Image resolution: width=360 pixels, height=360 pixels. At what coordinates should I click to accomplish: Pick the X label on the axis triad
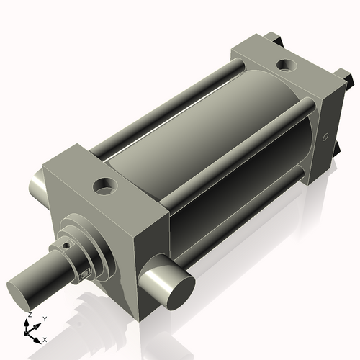(45, 338)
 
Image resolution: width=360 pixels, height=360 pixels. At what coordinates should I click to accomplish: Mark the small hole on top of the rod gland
(66, 244)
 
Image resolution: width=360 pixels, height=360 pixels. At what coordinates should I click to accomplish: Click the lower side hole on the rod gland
(86, 273)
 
